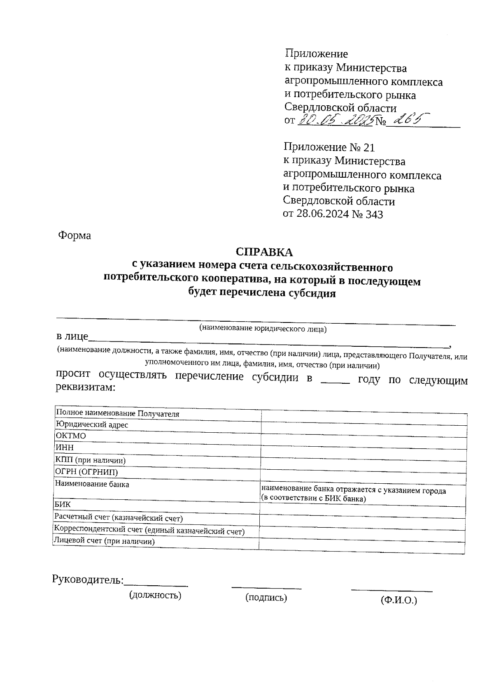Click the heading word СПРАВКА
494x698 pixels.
click(264, 252)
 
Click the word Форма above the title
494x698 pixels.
click(75, 236)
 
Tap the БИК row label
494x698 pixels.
click(63, 504)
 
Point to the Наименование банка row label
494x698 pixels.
click(92, 485)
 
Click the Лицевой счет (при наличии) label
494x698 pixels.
click(105, 542)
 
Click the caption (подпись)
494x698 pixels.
click(266, 598)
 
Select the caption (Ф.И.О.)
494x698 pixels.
click(398, 600)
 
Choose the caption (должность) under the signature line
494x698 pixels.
click(155, 595)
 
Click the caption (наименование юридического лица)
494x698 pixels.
click(263, 329)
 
